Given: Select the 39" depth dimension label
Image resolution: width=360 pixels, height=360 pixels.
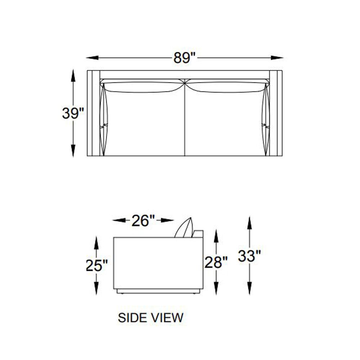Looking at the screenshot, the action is coord(73,113).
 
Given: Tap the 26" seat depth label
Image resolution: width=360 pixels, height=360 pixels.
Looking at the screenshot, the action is coord(143,221).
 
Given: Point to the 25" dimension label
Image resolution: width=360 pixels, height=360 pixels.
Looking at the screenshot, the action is coord(96,265).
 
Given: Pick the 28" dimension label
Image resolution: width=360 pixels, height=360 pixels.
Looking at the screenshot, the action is coord(216,262).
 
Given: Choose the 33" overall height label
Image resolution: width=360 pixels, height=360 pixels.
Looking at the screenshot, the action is coord(249,256).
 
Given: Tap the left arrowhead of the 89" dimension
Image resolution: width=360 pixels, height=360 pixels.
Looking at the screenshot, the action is coord(92,58).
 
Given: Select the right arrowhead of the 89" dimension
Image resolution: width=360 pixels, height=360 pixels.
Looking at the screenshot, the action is coord(277,58).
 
